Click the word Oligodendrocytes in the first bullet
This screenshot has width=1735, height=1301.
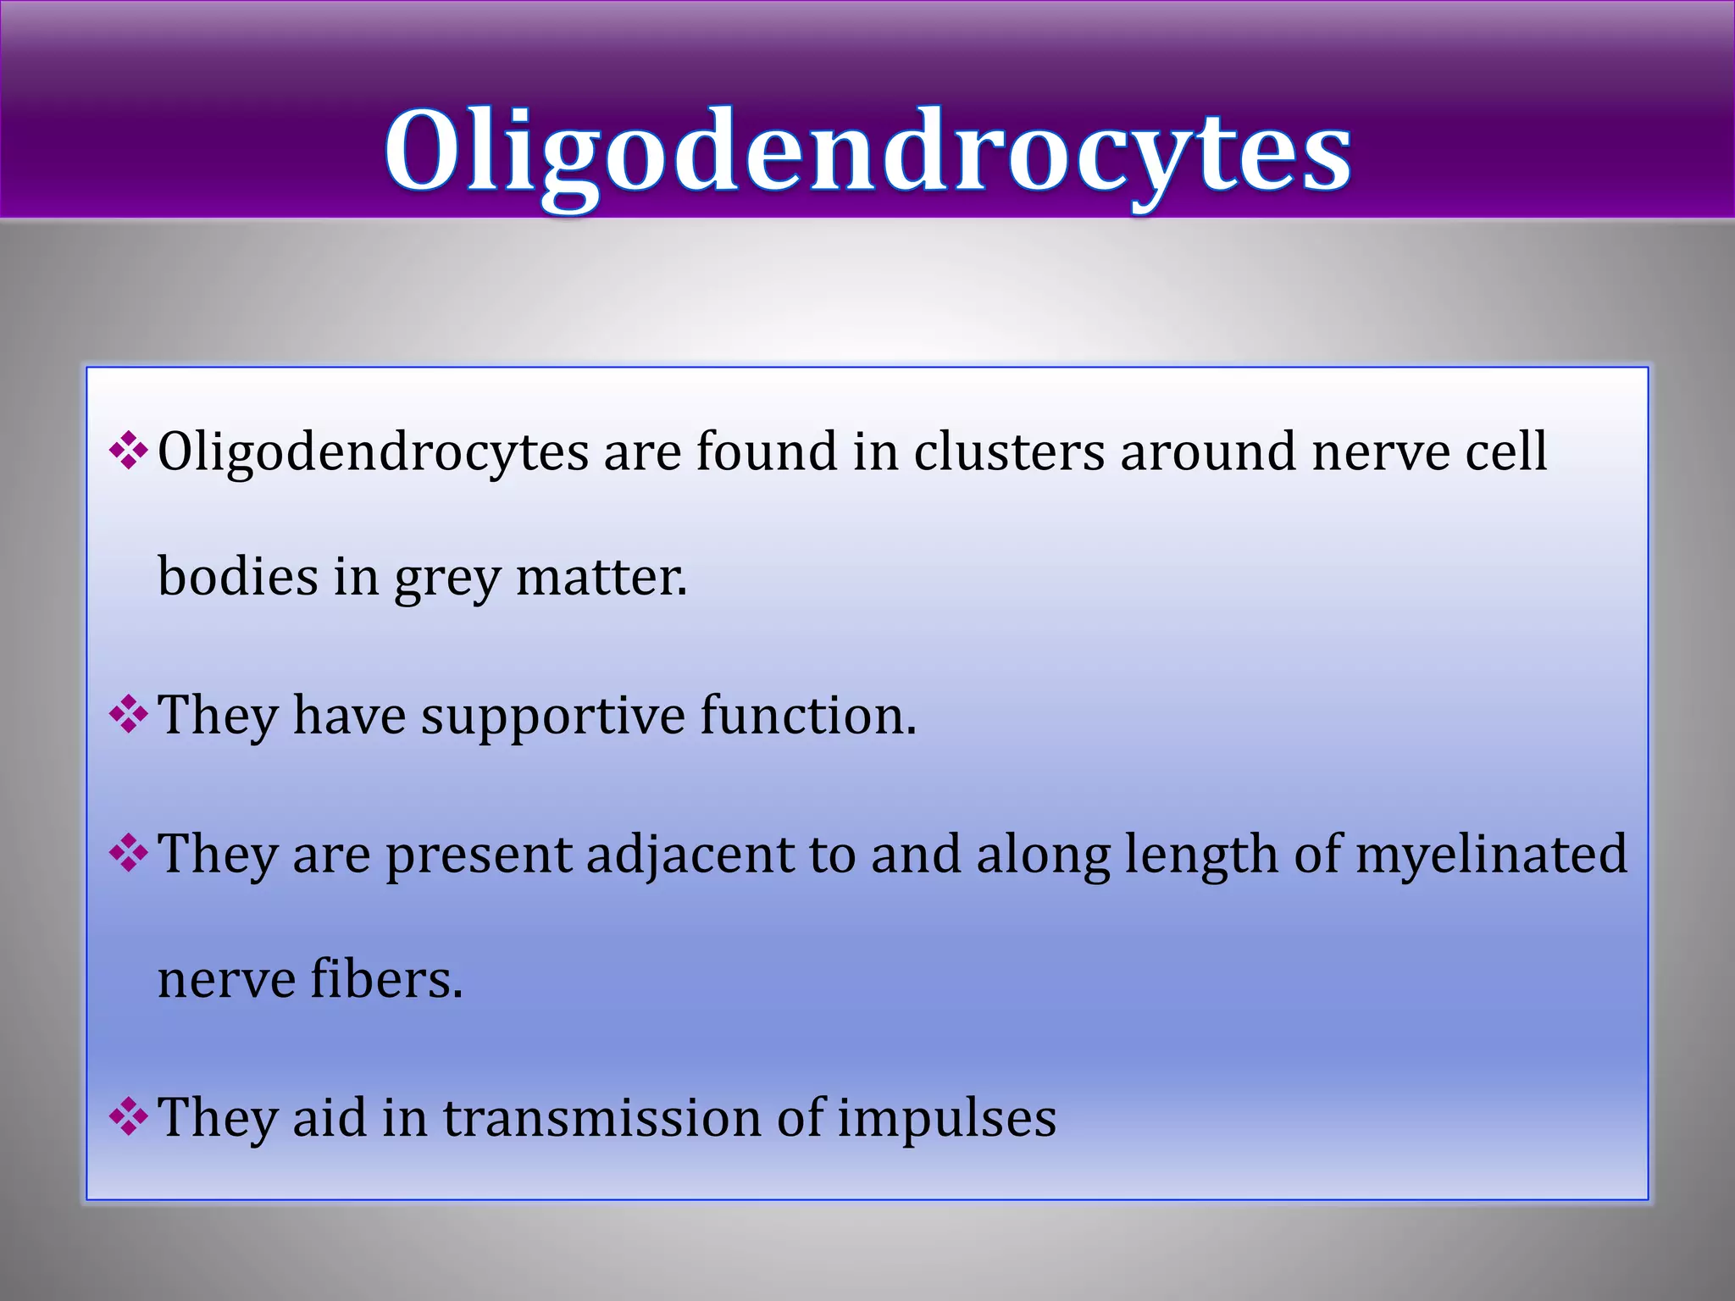coord(373,453)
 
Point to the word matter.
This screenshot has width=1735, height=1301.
coord(601,578)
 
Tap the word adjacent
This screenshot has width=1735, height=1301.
coord(690,855)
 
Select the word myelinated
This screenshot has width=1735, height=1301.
coord(1492,855)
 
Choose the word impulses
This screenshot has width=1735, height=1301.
coord(946,1120)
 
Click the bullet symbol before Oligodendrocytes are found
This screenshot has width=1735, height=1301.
coord(129,451)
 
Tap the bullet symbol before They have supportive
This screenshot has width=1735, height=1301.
coord(129,715)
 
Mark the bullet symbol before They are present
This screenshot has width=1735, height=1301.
coord(129,853)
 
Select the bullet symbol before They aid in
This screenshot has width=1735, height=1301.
coord(129,1117)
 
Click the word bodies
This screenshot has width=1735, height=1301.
coord(237,578)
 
